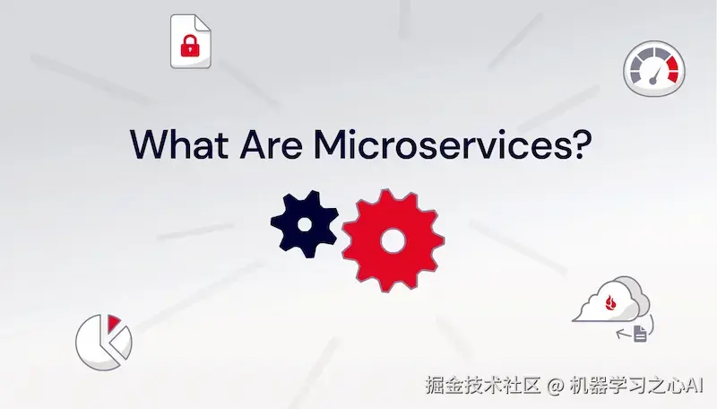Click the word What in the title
coord(179,144)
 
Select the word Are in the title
coord(272,144)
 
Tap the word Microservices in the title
coord(440,144)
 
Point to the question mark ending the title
coord(580,144)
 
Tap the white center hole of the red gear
coord(393,240)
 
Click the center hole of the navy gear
coord(305,224)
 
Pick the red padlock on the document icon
coord(190,45)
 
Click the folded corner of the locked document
coord(203,22)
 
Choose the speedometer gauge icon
coord(654,69)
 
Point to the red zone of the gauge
coord(672,69)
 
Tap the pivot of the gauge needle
coord(653,81)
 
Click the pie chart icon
coord(103,342)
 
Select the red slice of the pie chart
coord(113,322)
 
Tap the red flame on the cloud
coord(610,302)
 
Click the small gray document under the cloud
coord(640,334)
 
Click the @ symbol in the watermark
coord(555,386)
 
